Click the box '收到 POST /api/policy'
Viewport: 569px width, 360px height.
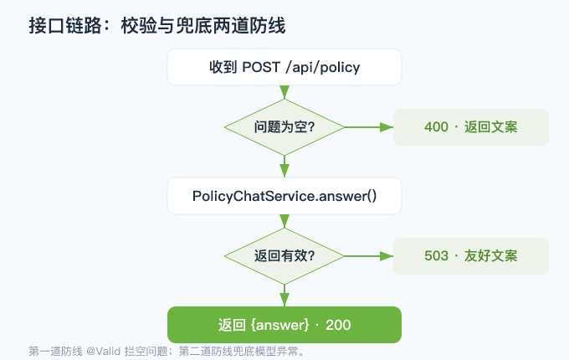(x=284, y=67)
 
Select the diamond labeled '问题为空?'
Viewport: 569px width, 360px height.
(x=284, y=127)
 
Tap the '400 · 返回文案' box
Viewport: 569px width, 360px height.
(x=471, y=127)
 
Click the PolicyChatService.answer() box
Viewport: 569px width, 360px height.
(x=284, y=196)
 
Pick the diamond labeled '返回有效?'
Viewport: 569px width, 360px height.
(x=284, y=256)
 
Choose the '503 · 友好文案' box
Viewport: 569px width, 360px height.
(x=471, y=256)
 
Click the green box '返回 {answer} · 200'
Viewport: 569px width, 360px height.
(x=284, y=325)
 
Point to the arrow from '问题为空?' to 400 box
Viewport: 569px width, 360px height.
(x=369, y=127)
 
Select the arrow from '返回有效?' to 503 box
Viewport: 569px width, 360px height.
(x=369, y=256)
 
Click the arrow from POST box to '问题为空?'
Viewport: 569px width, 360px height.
(x=284, y=92)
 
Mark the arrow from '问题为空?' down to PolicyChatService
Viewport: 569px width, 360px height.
(x=284, y=167)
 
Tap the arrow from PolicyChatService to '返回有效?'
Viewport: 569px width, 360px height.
(x=284, y=221)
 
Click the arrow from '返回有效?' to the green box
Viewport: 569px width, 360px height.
(x=284, y=296)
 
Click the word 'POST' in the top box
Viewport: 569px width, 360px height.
(x=261, y=67)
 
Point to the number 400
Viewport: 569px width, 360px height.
(x=436, y=127)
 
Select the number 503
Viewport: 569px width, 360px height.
(x=436, y=256)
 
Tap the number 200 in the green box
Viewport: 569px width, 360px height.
(x=338, y=325)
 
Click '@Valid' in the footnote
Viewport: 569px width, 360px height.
(x=104, y=352)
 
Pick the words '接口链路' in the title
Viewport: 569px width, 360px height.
(x=65, y=26)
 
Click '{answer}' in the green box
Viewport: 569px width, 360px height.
(x=279, y=325)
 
